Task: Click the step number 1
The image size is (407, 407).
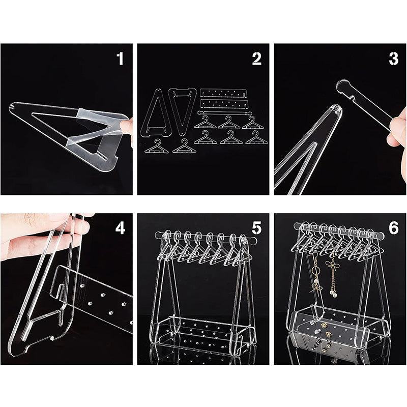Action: pyautogui.click(x=120, y=59)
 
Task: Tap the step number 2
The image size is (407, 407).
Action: pyautogui.click(x=256, y=59)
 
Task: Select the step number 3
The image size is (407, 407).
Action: pyautogui.click(x=393, y=59)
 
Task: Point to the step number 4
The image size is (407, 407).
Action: pyautogui.click(x=120, y=228)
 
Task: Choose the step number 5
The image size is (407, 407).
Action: pyautogui.click(x=256, y=228)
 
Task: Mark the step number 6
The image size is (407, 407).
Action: pyautogui.click(x=393, y=228)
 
